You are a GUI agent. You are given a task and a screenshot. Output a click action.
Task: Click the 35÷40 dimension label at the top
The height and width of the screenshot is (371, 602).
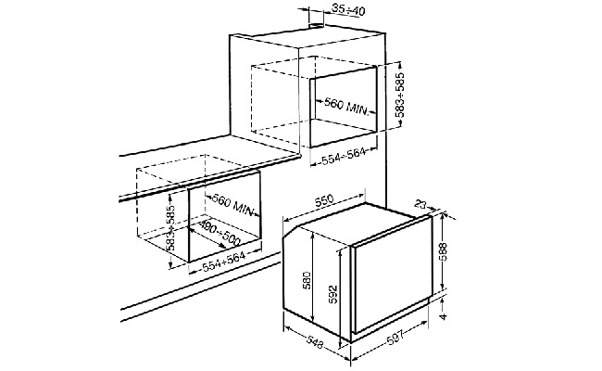(x=348, y=10)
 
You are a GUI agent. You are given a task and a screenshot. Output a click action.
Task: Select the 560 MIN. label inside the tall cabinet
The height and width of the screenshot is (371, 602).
(x=346, y=106)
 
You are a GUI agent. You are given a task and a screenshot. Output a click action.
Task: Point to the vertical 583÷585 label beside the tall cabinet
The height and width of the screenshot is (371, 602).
(x=400, y=95)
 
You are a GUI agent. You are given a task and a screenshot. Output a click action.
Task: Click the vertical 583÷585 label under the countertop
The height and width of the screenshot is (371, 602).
(x=171, y=228)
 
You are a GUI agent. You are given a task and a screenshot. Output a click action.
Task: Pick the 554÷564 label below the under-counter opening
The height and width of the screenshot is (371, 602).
(x=223, y=262)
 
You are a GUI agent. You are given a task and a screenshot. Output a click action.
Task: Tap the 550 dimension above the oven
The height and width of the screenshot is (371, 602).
(x=324, y=201)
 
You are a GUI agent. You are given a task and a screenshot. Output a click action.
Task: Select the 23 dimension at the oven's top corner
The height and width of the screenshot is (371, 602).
(x=420, y=204)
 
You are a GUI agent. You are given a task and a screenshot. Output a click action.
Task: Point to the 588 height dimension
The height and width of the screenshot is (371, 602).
(x=443, y=252)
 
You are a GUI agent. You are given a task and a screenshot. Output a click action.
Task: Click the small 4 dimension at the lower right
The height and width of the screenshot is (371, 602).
(x=444, y=316)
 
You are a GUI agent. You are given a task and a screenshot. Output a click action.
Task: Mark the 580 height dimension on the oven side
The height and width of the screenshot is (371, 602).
(x=307, y=280)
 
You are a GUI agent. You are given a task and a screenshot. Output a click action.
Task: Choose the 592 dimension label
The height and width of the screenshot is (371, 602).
(x=332, y=294)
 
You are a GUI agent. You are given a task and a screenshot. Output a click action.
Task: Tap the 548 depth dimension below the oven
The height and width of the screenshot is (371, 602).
(x=315, y=341)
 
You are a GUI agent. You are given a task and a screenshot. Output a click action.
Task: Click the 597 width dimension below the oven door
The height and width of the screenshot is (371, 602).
(x=395, y=339)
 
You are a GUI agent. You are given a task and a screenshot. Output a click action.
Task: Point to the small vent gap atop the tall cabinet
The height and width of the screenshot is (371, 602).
(x=316, y=26)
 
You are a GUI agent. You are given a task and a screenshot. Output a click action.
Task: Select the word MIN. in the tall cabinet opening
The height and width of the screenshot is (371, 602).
(x=358, y=109)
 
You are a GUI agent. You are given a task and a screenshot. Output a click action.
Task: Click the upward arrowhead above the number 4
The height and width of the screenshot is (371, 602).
(x=443, y=300)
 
